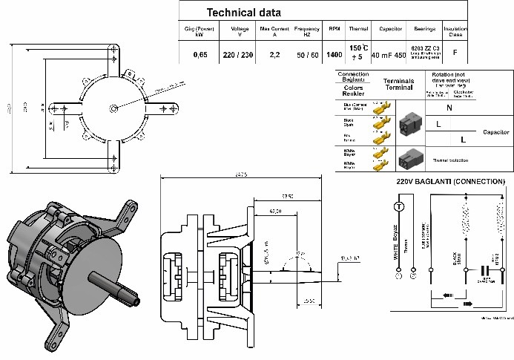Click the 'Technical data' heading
point(243,13)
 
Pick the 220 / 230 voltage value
point(238,55)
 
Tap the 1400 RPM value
point(335,55)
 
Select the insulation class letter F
point(455,53)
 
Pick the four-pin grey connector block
point(410,125)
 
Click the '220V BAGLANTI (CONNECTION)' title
point(450,182)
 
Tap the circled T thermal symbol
point(398,206)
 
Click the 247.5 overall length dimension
point(238,174)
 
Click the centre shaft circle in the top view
point(113,108)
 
